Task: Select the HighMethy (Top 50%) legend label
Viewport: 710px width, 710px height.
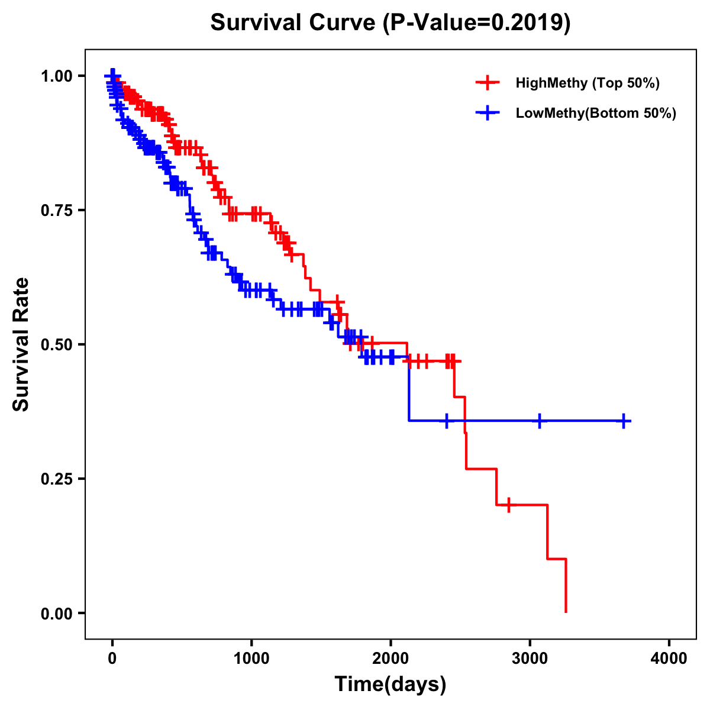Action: point(587,83)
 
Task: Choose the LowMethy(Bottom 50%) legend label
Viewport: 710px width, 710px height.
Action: point(596,113)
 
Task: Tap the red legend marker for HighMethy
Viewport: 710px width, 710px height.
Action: point(488,83)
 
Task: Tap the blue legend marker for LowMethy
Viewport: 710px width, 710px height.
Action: point(488,113)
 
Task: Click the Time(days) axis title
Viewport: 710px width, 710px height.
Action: point(390,685)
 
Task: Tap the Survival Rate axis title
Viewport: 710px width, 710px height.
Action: point(21,344)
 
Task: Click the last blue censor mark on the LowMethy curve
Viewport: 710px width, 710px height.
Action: point(624,421)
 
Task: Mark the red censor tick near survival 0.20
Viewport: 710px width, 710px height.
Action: point(508,505)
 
